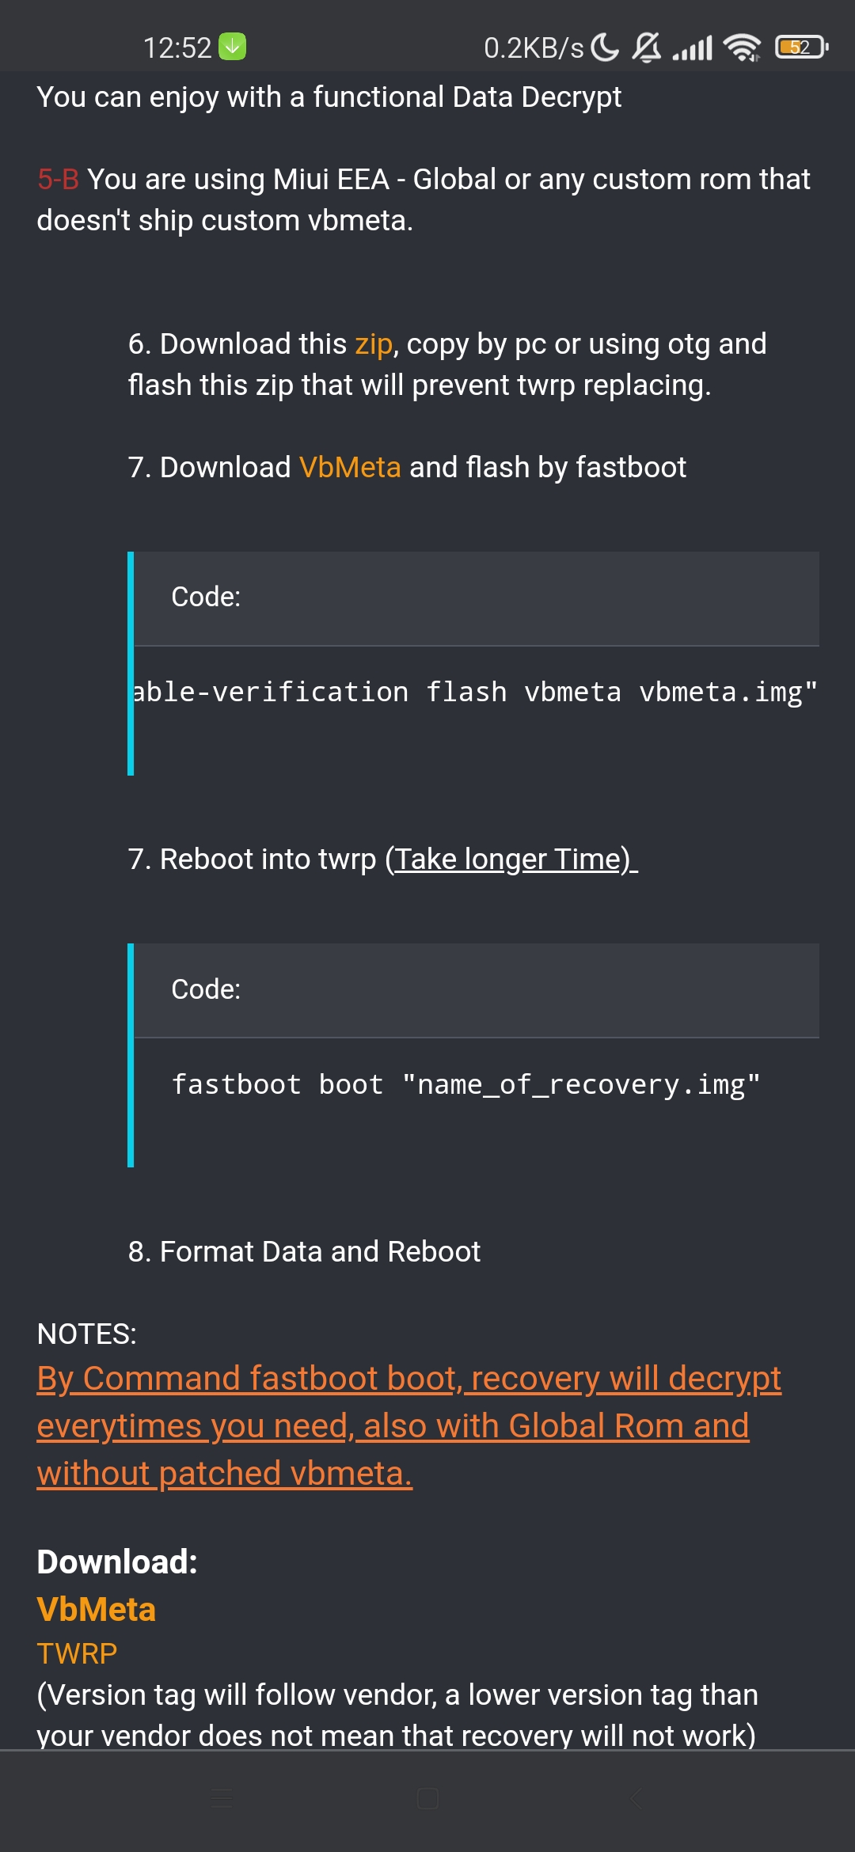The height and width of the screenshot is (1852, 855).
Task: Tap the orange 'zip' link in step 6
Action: tap(374, 344)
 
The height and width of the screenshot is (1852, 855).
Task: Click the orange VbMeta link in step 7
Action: tap(350, 467)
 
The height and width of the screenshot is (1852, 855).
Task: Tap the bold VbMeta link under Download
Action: tap(97, 1609)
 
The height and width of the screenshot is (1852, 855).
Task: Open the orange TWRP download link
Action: tap(77, 1653)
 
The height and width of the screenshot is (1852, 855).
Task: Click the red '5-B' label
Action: tap(58, 180)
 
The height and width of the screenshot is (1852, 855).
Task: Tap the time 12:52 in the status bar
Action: tap(177, 48)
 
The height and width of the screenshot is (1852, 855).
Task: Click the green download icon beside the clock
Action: tap(232, 47)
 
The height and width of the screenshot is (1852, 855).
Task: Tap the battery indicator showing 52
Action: tap(801, 47)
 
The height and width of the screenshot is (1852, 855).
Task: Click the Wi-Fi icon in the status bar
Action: tap(743, 47)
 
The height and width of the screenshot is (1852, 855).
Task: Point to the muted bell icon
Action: tap(647, 47)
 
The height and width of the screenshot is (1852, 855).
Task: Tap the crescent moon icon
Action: tap(606, 47)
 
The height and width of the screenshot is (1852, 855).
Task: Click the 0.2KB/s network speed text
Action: tap(534, 48)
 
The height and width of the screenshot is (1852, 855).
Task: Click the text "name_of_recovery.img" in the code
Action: tap(581, 1085)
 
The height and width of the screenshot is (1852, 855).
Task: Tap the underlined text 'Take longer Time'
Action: tap(512, 860)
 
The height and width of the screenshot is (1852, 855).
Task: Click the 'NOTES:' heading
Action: tap(87, 1334)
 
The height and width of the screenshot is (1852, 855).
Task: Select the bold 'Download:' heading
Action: tap(117, 1562)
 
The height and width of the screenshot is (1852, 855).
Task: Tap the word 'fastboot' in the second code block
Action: tap(237, 1085)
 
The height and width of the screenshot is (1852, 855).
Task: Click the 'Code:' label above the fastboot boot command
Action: tap(206, 989)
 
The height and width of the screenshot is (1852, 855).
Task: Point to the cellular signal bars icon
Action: tap(693, 48)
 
